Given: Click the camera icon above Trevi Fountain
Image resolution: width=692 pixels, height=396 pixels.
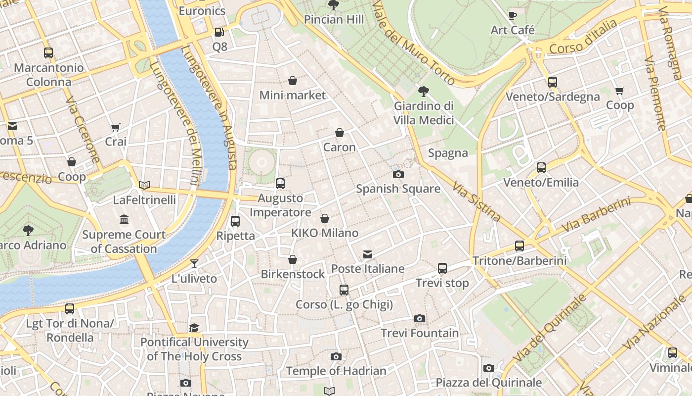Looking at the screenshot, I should click(420, 318).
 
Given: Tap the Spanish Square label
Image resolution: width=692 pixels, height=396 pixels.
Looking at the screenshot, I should click(398, 189).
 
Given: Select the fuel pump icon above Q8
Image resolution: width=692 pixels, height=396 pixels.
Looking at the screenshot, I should click(219, 32).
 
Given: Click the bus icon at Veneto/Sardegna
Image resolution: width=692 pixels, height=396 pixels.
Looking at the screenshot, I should click(553, 82).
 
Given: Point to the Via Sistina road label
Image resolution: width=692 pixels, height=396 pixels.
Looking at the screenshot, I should click(476, 201).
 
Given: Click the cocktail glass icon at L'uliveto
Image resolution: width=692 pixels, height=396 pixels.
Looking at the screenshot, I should click(194, 264).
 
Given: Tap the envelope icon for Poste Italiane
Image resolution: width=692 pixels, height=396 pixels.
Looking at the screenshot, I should click(368, 254).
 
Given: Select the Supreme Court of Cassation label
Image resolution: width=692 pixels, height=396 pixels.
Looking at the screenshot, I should click(124, 242).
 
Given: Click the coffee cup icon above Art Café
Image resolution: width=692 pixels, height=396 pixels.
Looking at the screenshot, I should click(513, 16).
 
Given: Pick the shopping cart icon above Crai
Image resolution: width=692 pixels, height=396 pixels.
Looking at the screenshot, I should click(116, 127).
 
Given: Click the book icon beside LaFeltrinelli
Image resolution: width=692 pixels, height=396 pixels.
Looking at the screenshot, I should click(144, 185).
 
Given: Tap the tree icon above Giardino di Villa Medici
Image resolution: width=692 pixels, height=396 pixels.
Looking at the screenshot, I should click(423, 91).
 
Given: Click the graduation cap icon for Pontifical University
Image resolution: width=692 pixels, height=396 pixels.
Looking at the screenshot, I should click(194, 328).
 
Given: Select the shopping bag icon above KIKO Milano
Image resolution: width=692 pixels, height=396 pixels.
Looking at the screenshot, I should click(325, 218).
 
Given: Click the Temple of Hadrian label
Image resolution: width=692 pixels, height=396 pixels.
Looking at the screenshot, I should click(336, 371).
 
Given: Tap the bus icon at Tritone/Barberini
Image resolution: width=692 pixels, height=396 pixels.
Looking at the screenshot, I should click(519, 246).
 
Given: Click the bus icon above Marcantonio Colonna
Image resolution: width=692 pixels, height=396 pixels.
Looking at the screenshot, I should click(48, 53).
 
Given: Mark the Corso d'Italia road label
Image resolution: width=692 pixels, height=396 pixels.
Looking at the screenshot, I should click(583, 37).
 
